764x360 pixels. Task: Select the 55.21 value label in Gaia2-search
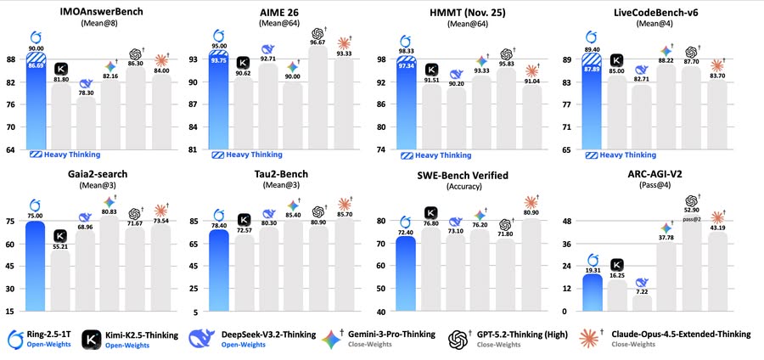(60, 245)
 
